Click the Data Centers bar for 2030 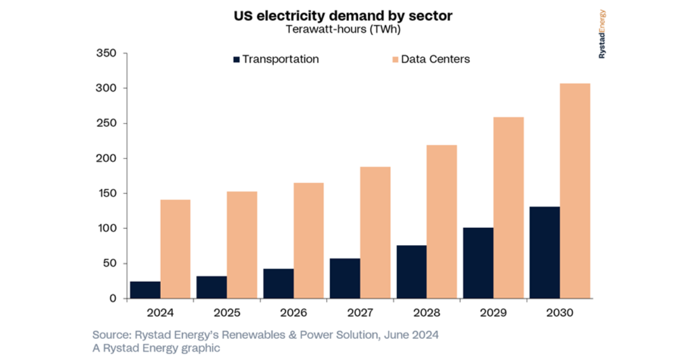tap(575, 191)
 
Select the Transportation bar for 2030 tap(544, 253)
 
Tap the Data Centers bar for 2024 tap(175, 249)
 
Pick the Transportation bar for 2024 tap(145, 290)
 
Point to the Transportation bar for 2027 tap(345, 278)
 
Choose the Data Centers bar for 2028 tap(442, 222)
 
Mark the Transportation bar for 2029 tap(478, 263)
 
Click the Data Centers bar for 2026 tap(308, 241)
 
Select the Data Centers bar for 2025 tap(242, 245)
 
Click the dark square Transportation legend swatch tap(236, 59)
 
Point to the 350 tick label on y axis tap(107, 53)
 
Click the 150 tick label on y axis tap(107, 193)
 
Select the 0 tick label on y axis tap(113, 299)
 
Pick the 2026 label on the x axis tap(293, 313)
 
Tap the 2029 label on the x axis tap(493, 313)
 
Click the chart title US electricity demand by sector tap(343, 16)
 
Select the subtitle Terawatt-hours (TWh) tap(343, 30)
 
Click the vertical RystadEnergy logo tap(602, 34)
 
